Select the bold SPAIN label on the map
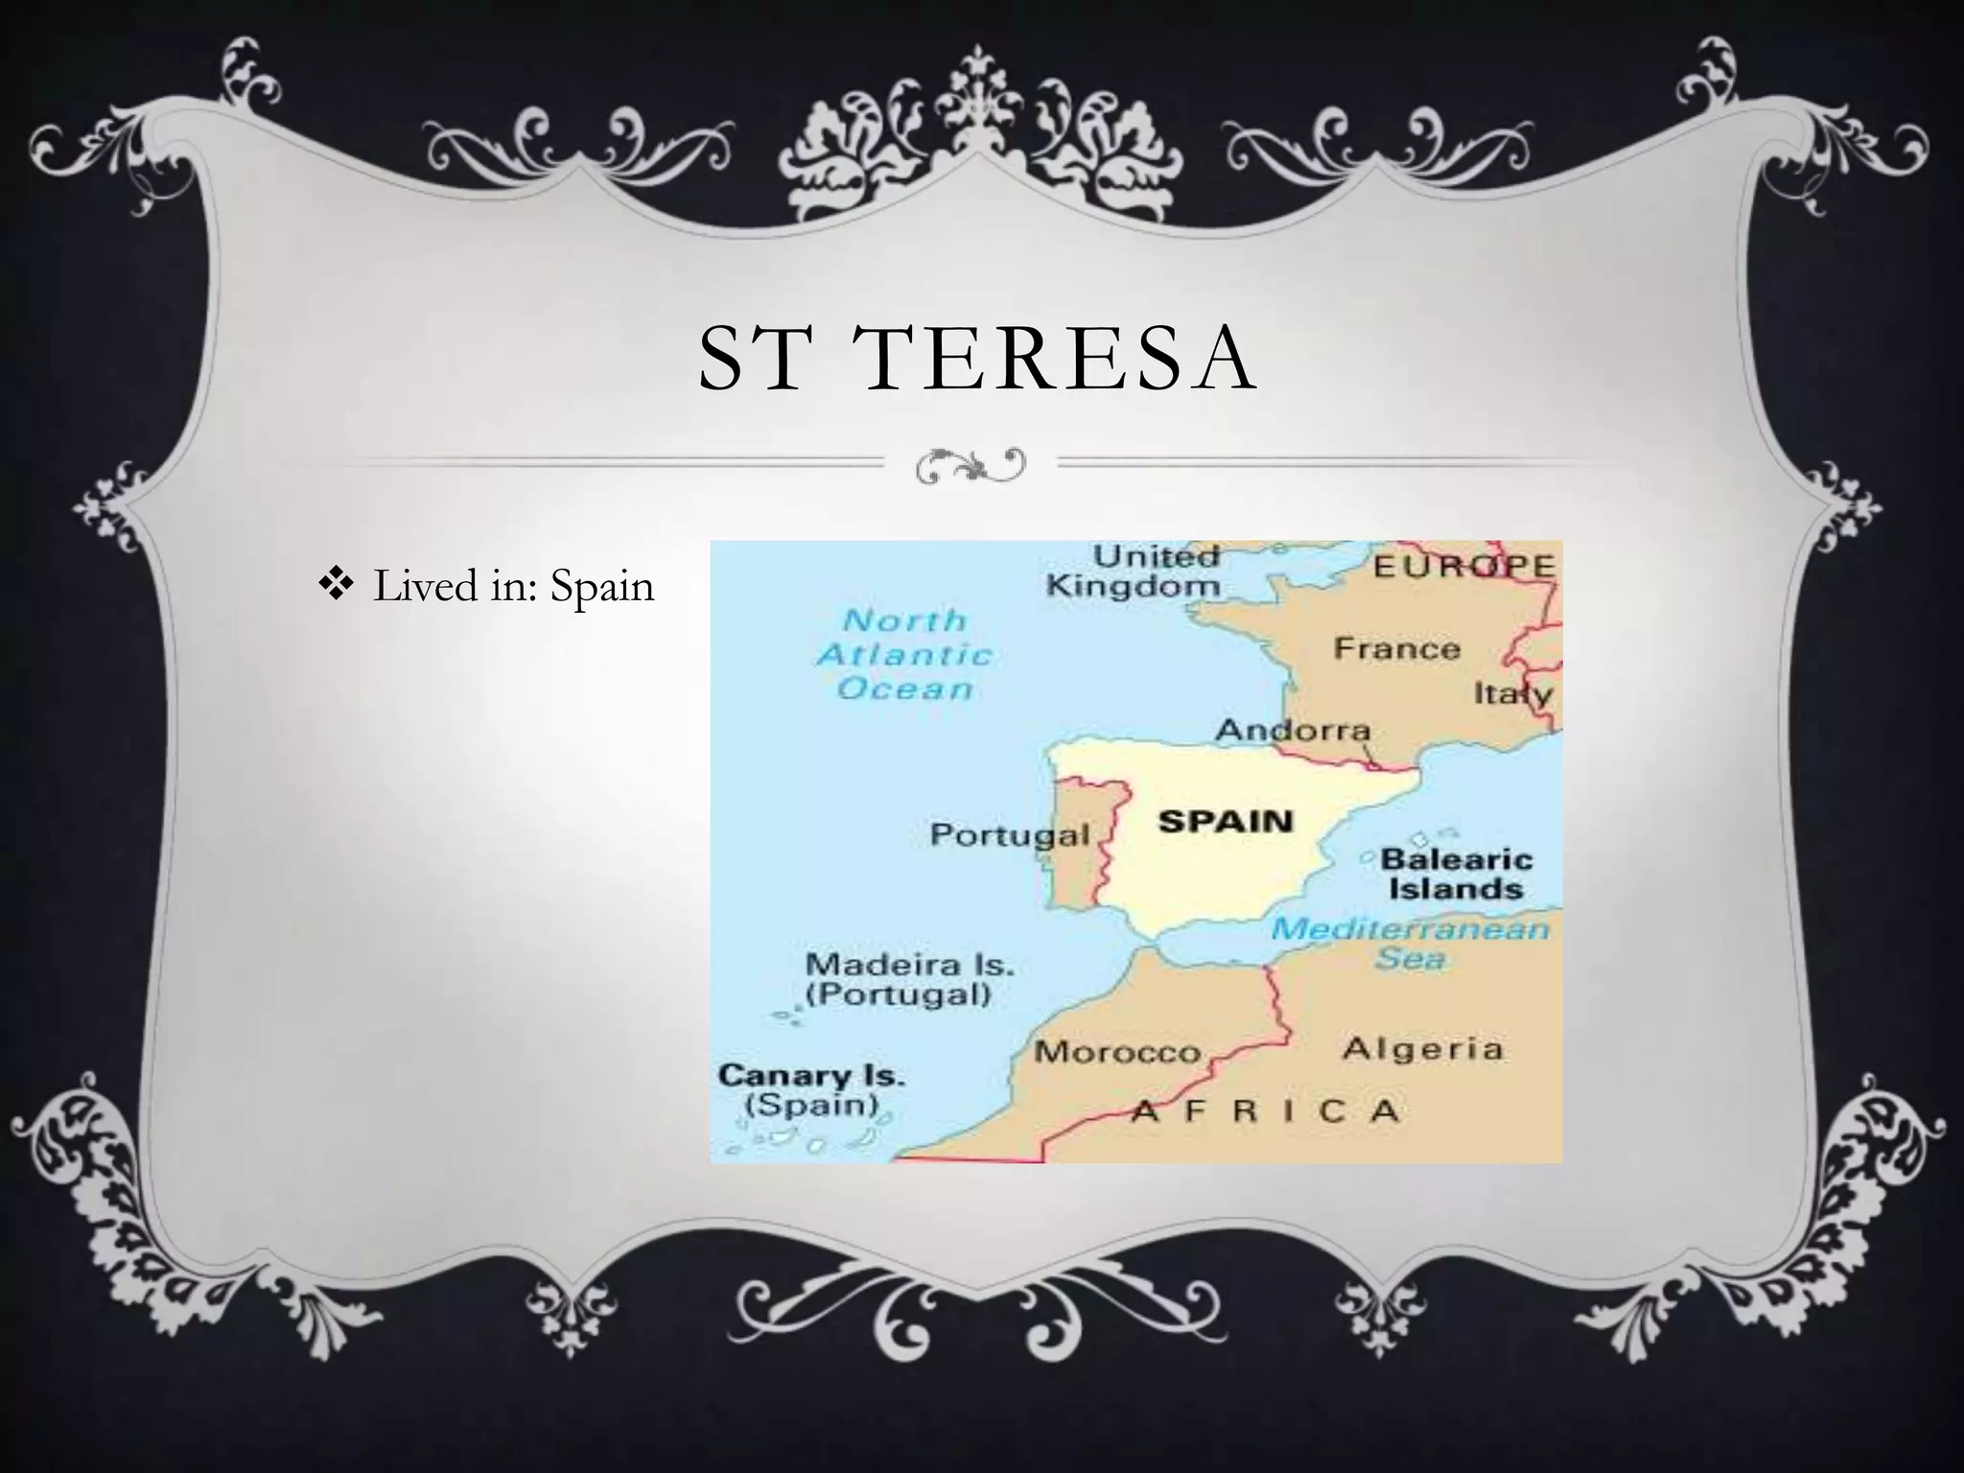tap(1226, 821)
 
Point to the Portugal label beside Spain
tap(1009, 834)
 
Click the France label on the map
tap(1396, 649)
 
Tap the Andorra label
tap(1293, 731)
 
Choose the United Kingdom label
tap(1134, 572)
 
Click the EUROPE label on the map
tap(1463, 566)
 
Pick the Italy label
tap(1512, 692)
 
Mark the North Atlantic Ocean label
tap(904, 655)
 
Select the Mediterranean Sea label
tap(1410, 943)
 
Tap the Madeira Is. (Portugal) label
tap(909, 978)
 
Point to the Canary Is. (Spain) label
tap(811, 1089)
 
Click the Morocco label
tap(1117, 1052)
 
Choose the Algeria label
tap(1422, 1048)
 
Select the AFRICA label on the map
tap(1266, 1111)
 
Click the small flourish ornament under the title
tap(970, 464)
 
